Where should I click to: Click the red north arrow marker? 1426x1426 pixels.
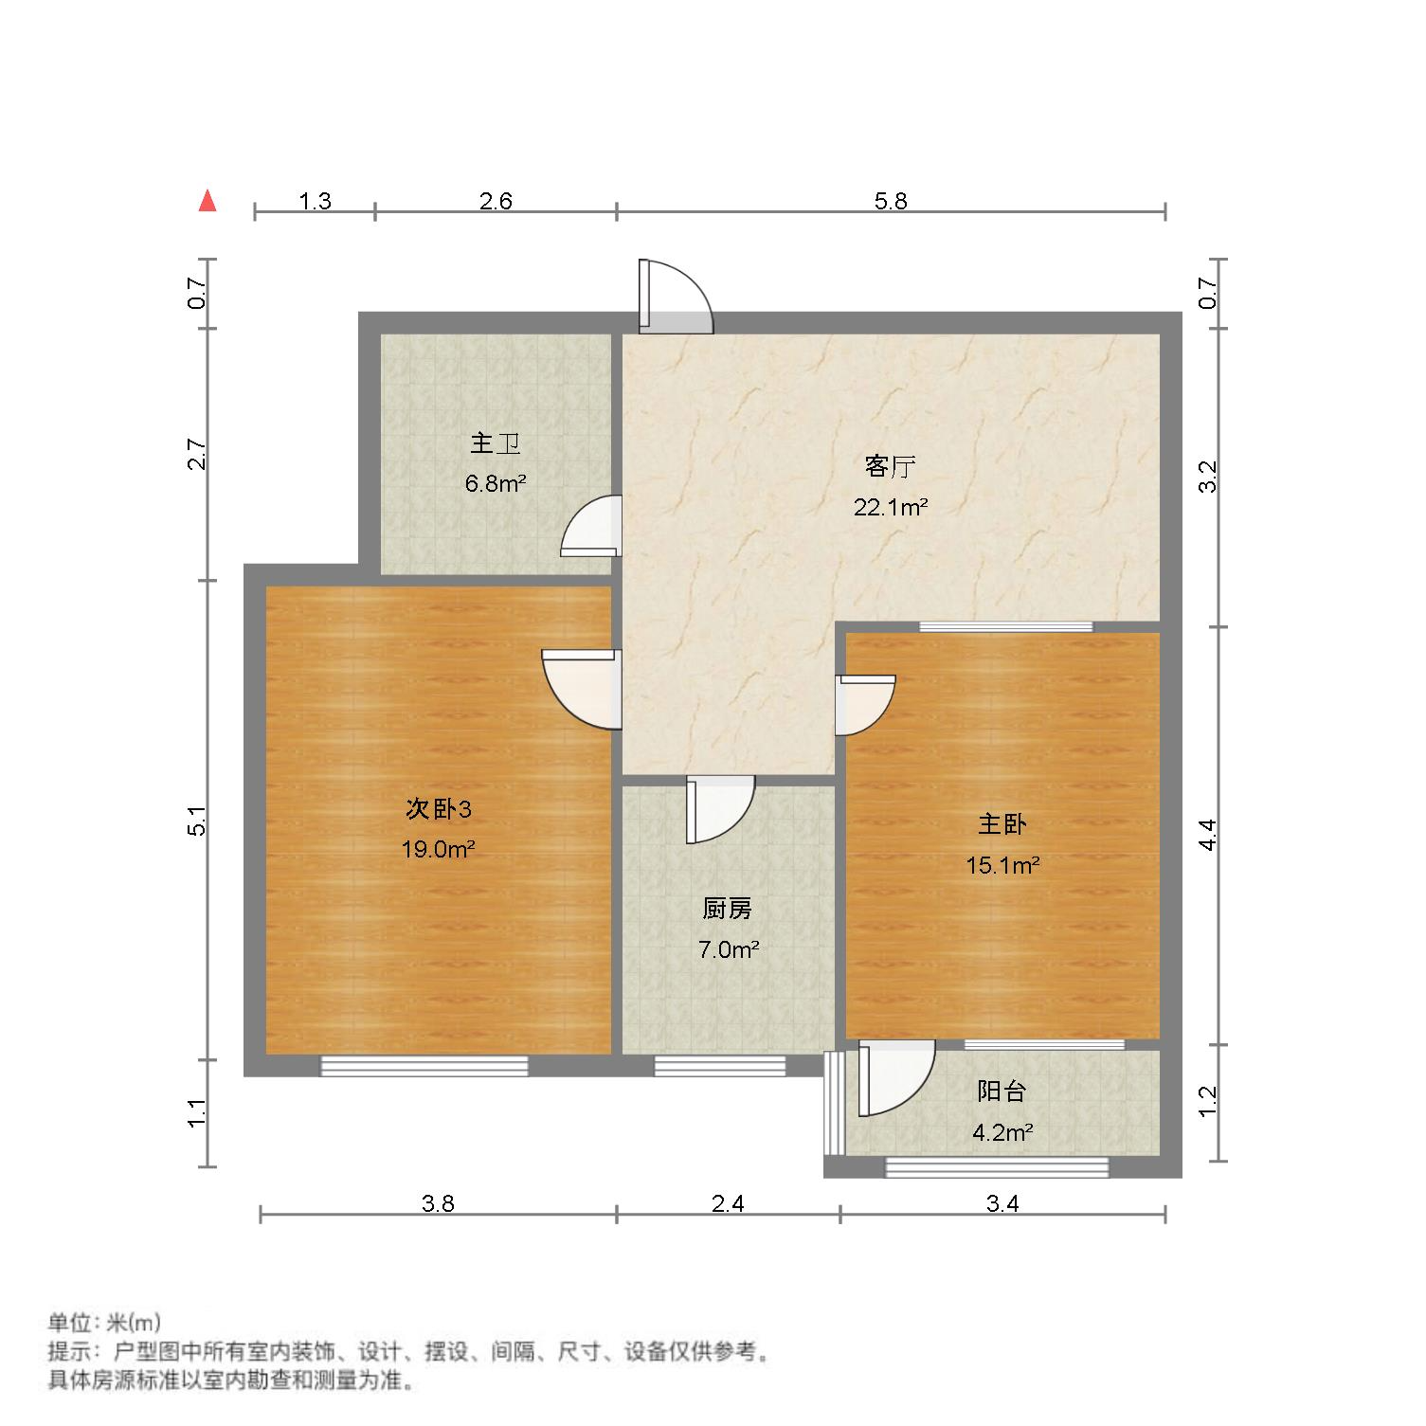(208, 201)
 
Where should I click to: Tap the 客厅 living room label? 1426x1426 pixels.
(890, 466)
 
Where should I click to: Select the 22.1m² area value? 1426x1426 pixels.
(890, 507)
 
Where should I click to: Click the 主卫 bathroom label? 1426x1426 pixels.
(495, 443)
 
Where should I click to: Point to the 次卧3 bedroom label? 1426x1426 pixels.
(438, 809)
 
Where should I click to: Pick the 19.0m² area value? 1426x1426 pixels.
(438, 849)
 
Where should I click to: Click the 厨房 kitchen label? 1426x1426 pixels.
(728, 910)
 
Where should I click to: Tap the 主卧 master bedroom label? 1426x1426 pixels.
(1002, 824)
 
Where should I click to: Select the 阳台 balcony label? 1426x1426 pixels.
(1002, 1092)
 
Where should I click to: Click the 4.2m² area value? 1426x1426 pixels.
(1002, 1131)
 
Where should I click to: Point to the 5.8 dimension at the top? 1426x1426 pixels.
(891, 201)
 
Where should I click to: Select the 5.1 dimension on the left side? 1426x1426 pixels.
(197, 821)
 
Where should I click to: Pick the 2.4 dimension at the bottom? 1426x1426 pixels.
(728, 1203)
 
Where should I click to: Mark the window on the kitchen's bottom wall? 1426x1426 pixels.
(720, 1066)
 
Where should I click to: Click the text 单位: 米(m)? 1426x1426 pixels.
(105, 1322)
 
